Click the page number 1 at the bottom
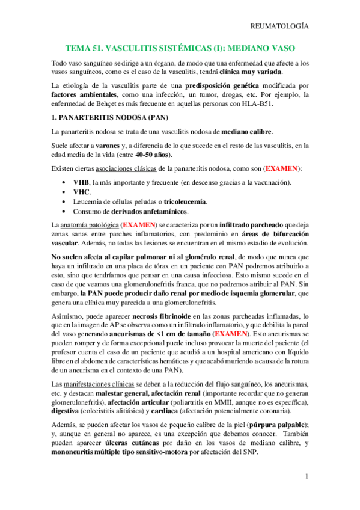[x=307, y=477]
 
